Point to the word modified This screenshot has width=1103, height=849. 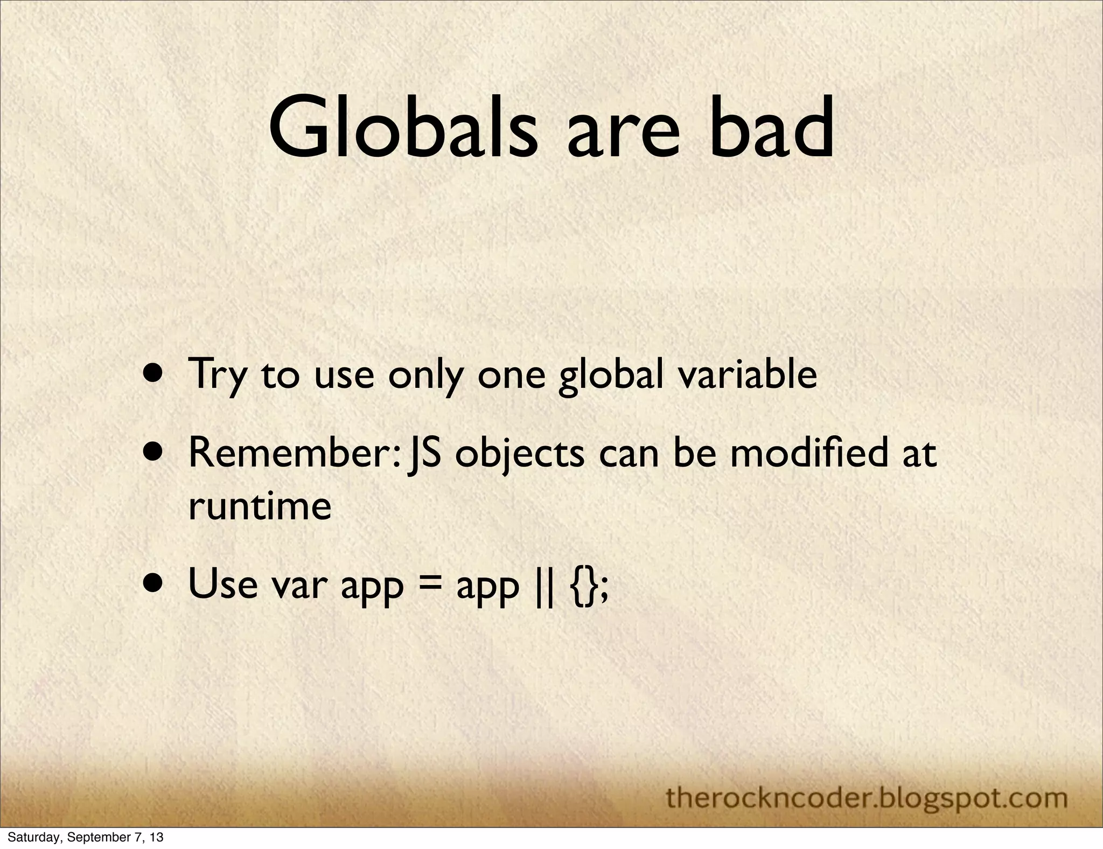click(x=808, y=453)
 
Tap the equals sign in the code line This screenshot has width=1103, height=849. click(x=429, y=585)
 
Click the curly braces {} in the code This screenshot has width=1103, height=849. click(x=581, y=585)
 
